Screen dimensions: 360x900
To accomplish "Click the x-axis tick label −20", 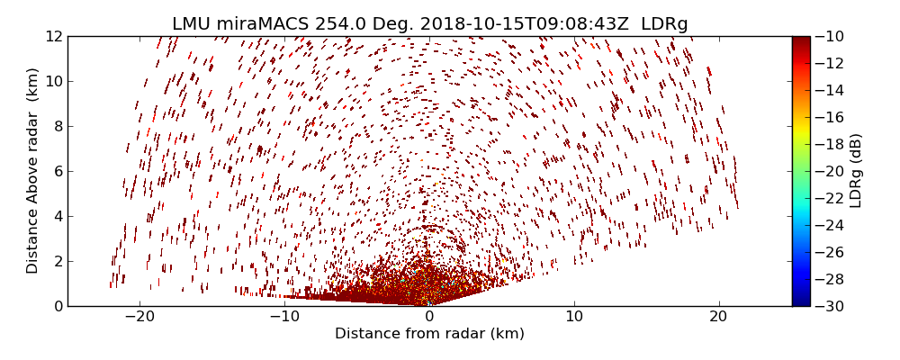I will [x=139, y=317].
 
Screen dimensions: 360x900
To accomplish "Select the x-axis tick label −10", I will [x=284, y=317].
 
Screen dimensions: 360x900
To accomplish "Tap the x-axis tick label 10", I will [x=574, y=317].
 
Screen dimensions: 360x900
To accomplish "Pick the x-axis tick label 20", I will [x=718, y=317].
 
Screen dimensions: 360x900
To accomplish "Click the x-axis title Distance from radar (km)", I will [x=429, y=334].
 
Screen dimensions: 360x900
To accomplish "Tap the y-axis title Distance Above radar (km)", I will [x=33, y=170].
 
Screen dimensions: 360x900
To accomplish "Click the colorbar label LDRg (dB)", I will [x=856, y=170].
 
